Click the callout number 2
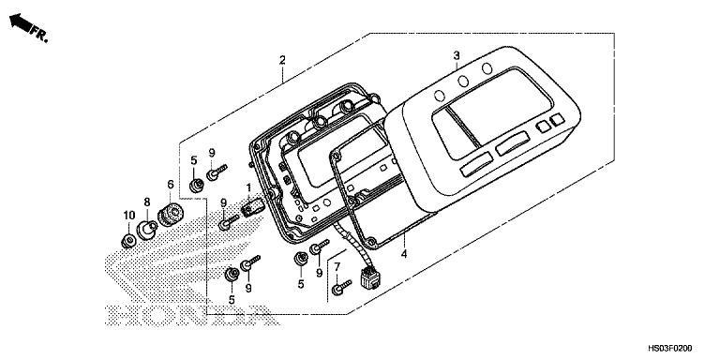point(281,61)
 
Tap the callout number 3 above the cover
point(457,55)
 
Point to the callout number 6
point(170,185)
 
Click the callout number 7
point(337,268)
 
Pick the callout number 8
point(147,202)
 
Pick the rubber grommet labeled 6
point(171,214)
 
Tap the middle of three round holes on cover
point(464,82)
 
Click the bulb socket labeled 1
point(250,206)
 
